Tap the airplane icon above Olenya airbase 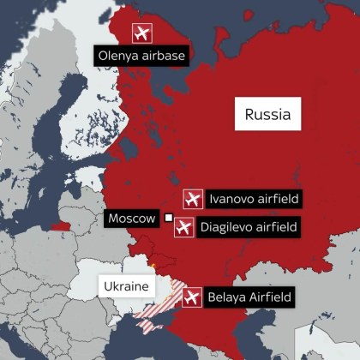click(x=142, y=33)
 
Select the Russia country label click(x=267, y=113)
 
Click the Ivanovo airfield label click(x=254, y=200)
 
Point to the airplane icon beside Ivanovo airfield click(x=194, y=200)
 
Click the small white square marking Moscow click(x=169, y=219)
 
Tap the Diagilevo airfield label click(x=248, y=228)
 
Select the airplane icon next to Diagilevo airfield click(x=183, y=228)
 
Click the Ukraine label click(x=126, y=285)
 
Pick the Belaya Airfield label click(x=249, y=298)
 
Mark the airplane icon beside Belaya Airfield click(x=191, y=298)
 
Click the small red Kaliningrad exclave click(x=60, y=227)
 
